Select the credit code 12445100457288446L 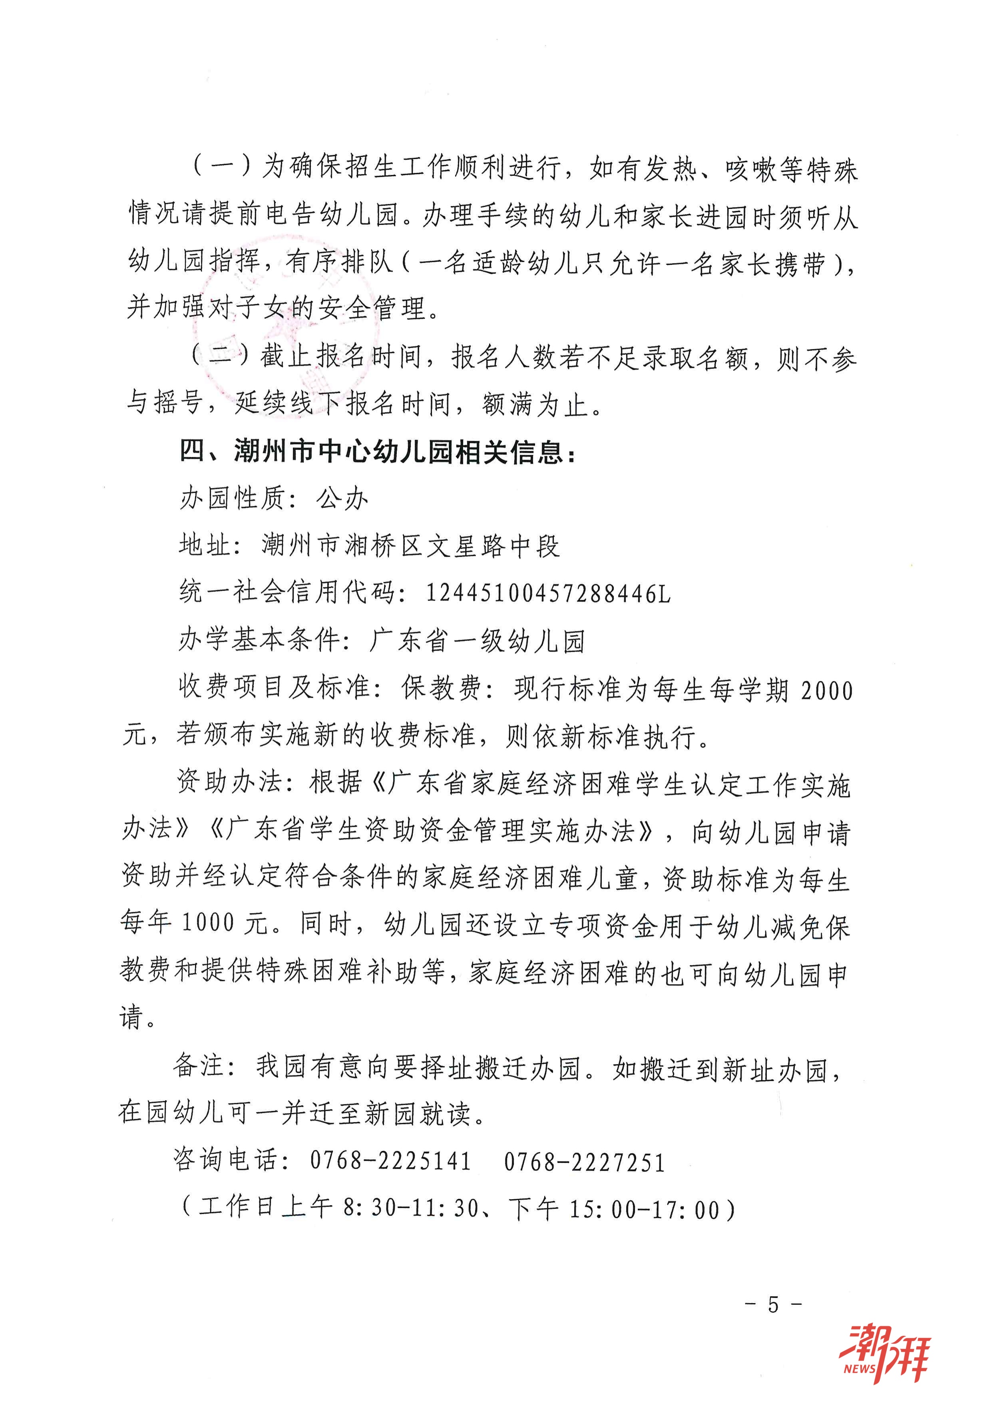click(x=548, y=593)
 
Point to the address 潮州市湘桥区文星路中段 click(x=410, y=545)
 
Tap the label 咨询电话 click(x=227, y=1159)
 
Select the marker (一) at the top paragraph click(x=223, y=166)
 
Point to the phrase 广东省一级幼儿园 click(x=477, y=641)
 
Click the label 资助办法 click(x=230, y=782)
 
